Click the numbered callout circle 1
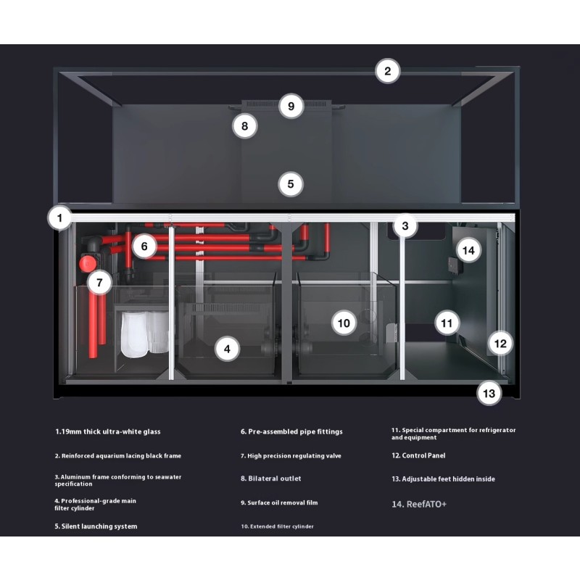pos(61,217)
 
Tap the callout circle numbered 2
pos(388,71)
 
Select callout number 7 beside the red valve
pos(99,283)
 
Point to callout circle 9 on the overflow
pos(291,107)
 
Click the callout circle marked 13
pos(489,394)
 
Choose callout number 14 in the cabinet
pos(468,251)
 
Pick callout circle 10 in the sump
pos(344,322)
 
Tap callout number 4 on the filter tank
pos(227,349)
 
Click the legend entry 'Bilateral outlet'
pos(270,478)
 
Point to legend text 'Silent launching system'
pos(96,526)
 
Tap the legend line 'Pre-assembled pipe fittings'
pos(291,432)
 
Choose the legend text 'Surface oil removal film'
pos(279,502)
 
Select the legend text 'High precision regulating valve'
pos(291,456)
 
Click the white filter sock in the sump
pos(134,336)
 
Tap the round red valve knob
pos(88,262)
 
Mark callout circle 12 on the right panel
pos(500,342)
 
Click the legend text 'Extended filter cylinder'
pos(277,526)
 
